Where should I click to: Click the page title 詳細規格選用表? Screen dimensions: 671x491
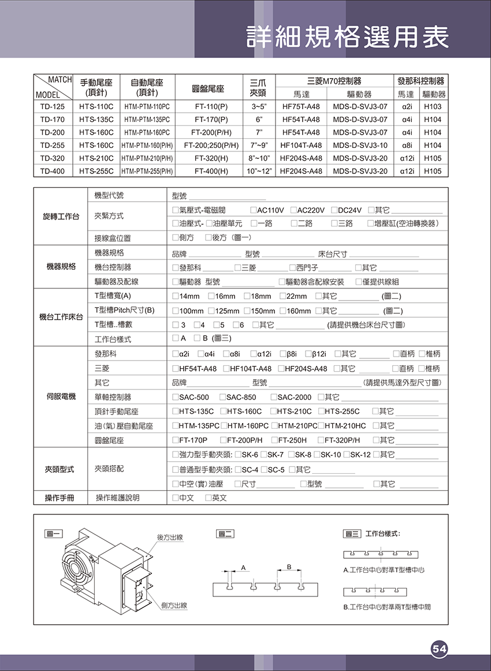coord(347,37)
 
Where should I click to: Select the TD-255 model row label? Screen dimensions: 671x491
coord(53,145)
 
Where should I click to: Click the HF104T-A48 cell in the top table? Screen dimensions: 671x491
coord(301,145)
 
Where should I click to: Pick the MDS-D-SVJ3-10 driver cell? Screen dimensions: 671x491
coord(360,145)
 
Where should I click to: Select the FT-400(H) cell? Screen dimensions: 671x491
coord(211,171)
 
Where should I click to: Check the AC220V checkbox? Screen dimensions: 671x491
coord(294,210)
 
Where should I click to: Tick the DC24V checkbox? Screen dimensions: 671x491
coord(334,210)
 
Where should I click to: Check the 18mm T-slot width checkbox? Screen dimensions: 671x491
coord(247,296)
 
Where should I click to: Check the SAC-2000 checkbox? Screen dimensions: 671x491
coord(274,397)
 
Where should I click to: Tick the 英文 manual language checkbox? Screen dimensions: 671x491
coord(208,498)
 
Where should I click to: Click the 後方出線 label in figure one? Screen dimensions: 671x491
coord(170,537)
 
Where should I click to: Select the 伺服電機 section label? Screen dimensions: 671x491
coord(61,397)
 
